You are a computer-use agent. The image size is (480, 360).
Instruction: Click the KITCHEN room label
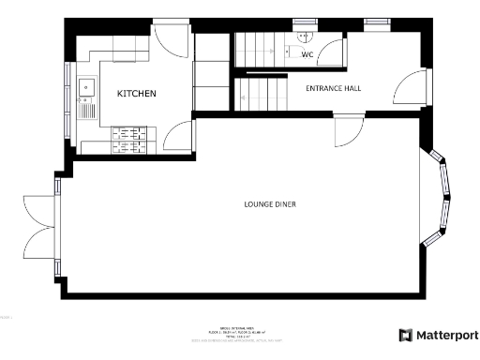[136, 94]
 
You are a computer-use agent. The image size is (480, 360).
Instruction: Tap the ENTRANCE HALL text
[334, 88]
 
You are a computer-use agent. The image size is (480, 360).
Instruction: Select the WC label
[307, 54]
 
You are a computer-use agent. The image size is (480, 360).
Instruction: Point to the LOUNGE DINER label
[270, 203]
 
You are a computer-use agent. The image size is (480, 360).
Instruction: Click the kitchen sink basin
[88, 87]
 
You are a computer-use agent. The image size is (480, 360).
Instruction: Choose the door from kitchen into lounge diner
[177, 137]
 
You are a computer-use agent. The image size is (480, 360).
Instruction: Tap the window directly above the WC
[305, 22]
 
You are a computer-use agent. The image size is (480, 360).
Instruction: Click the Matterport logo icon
[405, 336]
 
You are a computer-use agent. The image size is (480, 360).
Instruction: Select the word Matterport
[447, 336]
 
